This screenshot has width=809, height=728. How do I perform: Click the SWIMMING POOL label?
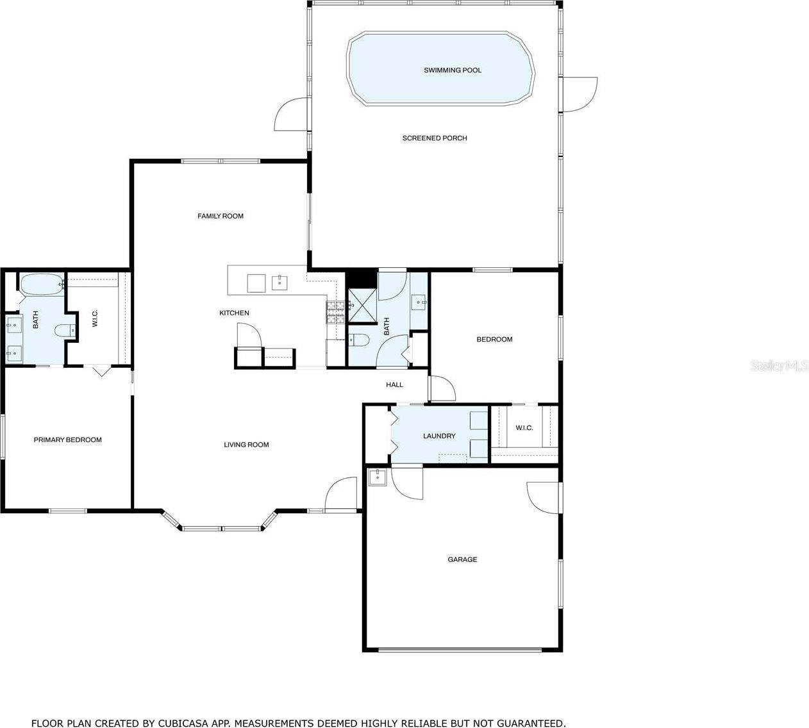click(452, 70)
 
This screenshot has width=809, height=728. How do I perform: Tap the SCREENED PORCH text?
click(434, 138)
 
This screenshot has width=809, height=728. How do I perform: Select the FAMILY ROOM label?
click(220, 216)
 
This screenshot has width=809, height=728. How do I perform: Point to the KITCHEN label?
click(234, 313)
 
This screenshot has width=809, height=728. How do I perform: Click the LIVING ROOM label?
click(246, 444)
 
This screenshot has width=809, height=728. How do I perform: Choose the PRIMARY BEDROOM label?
click(67, 440)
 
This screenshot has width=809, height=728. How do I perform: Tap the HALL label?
click(394, 385)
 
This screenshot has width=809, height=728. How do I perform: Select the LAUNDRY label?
click(439, 436)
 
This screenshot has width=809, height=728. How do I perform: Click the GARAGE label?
click(462, 559)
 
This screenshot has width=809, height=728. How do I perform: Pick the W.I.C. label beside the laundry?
click(524, 427)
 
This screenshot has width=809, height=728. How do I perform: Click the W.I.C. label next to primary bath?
click(95, 320)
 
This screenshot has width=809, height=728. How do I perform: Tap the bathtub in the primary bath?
click(40, 283)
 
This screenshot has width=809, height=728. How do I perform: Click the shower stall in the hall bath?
click(361, 304)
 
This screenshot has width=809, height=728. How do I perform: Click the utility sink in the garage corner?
click(378, 477)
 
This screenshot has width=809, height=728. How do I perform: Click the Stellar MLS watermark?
click(779, 366)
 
